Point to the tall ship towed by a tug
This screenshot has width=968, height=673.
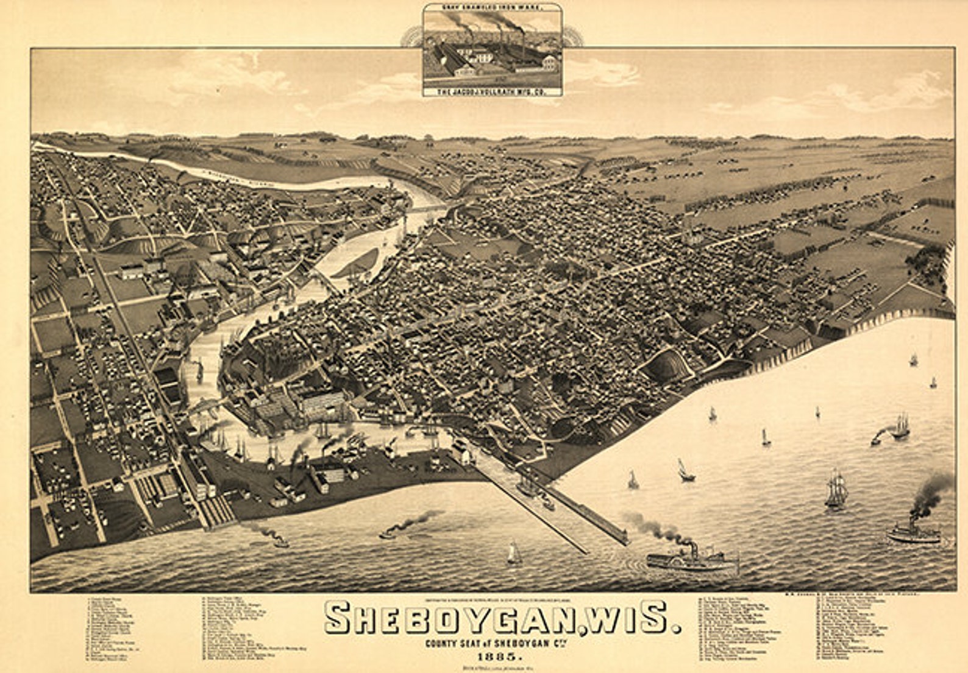900,426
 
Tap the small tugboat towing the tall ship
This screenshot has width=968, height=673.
877,437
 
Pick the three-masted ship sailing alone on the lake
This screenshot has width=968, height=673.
836,490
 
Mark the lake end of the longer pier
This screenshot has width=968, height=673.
624,538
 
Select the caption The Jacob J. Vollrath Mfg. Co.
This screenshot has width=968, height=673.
492,91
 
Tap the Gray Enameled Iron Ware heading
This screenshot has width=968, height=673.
492,7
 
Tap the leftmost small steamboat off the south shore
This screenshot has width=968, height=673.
277,541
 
